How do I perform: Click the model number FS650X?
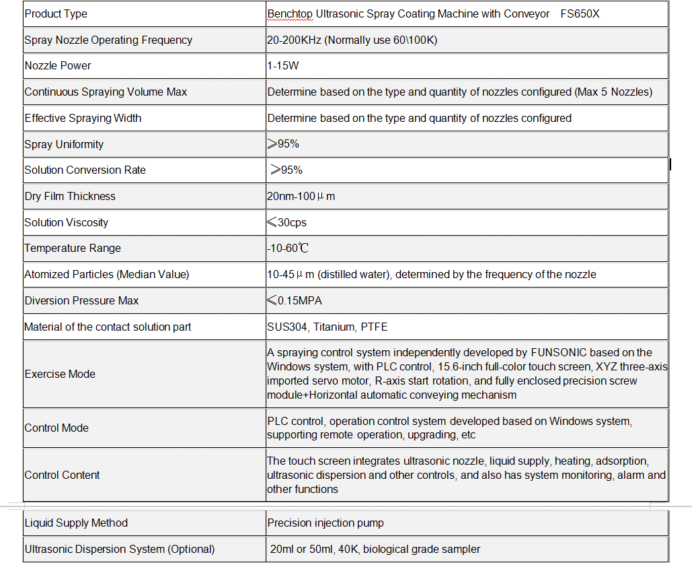[x=580, y=13]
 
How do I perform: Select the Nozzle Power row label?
[x=58, y=66]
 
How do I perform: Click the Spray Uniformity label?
[x=64, y=144]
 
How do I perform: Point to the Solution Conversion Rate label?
[x=85, y=170]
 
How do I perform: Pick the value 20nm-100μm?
[x=301, y=197]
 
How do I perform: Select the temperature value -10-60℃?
[x=287, y=249]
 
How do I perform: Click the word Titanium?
[x=334, y=327]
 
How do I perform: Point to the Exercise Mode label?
[x=60, y=374]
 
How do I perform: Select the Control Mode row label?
[x=56, y=428]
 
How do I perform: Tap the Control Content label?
[x=62, y=475]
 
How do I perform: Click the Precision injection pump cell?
[x=325, y=523]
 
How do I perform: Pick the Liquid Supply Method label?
[x=76, y=523]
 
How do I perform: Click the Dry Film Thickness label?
[x=70, y=197]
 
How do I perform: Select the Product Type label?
[x=56, y=13]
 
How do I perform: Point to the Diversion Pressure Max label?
[x=81, y=300]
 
